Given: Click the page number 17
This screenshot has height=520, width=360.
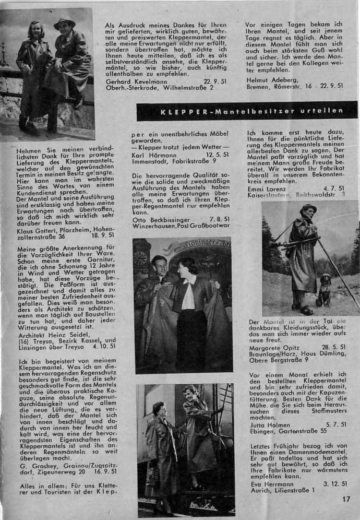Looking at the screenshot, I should pos(347,499).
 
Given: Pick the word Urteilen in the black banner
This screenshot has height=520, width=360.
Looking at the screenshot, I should pos(323,111).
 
